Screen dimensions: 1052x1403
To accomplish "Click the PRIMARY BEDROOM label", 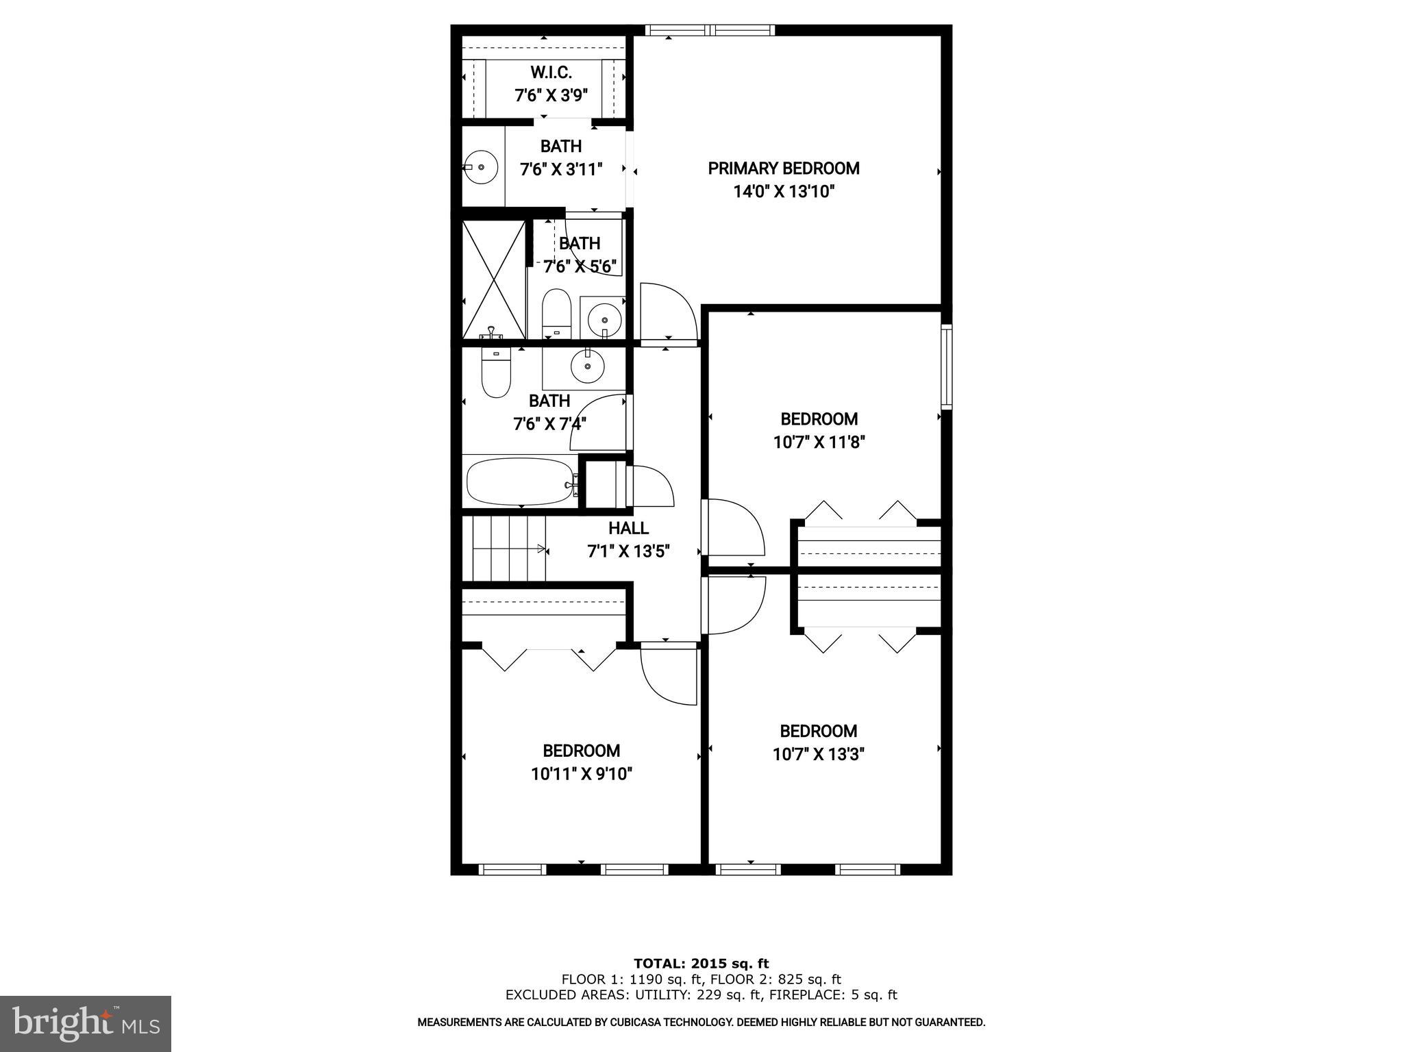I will tap(783, 168).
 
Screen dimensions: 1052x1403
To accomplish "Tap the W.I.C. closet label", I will tap(551, 73).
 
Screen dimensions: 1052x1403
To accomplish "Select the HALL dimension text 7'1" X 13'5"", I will tap(628, 551).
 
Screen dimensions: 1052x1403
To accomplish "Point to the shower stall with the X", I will tap(493, 279).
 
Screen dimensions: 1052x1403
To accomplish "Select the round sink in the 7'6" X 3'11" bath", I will tap(481, 166).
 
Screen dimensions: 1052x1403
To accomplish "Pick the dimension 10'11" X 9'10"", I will tap(581, 774).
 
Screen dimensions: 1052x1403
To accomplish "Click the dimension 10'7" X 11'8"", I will tap(819, 442).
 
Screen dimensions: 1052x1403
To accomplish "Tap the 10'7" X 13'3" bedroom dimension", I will tap(818, 755).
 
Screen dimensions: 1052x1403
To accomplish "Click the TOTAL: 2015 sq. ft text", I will tap(701, 964).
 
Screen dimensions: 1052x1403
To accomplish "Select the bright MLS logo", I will tap(86, 1023).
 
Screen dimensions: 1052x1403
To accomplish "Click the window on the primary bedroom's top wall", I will tap(710, 29).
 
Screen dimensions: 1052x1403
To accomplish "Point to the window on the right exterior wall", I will tap(946, 366).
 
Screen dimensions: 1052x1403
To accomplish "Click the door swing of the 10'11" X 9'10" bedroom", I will tap(668, 675).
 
